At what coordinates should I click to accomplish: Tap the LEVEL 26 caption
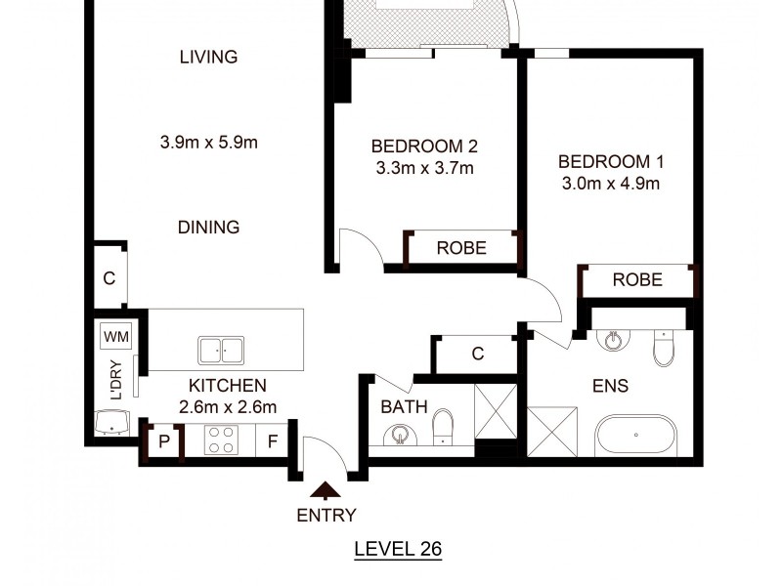point(397,549)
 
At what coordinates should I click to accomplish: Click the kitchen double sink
point(222,349)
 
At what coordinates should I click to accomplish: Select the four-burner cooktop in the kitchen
point(222,440)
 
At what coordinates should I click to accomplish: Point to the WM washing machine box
point(116,337)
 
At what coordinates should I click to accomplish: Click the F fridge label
point(273,441)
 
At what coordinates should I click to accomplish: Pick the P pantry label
point(163,441)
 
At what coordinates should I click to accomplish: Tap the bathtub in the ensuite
point(634,435)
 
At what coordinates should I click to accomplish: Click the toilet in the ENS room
point(664,346)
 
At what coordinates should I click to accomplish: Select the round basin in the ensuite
point(613,340)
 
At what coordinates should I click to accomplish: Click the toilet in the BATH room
point(443,425)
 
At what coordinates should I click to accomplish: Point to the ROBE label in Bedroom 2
point(461,248)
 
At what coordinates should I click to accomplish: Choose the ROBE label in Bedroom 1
point(637,280)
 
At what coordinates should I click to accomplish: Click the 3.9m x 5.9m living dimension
point(208,143)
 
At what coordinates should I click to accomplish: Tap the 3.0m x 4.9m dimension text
point(611,183)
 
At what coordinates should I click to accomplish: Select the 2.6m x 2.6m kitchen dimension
point(228,407)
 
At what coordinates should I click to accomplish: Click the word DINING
point(208,228)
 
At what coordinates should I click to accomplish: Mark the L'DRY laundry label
point(114,381)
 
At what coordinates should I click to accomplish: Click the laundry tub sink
point(114,422)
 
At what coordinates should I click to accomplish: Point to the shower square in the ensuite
point(552,431)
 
